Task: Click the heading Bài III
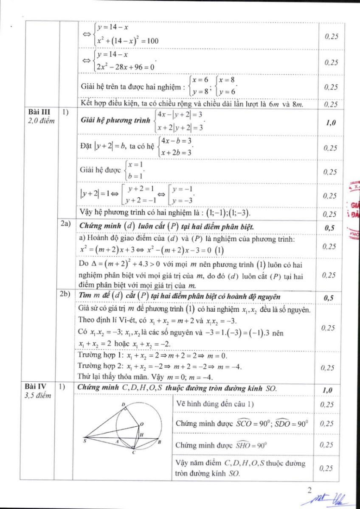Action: pyautogui.click(x=37, y=112)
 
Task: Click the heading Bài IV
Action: pyautogui.click(x=37, y=386)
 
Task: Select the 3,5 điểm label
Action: pyautogui.click(x=37, y=395)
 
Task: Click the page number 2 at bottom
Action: pyautogui.click(x=309, y=491)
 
